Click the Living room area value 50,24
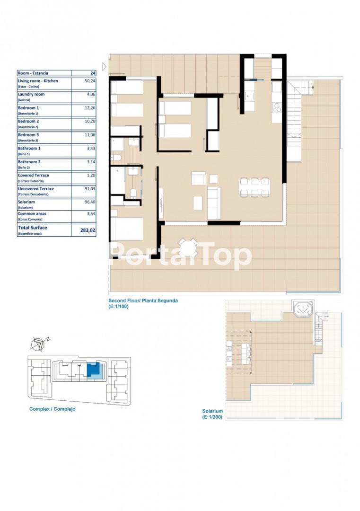[90, 81]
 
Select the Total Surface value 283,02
[88, 230]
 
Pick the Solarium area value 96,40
[90, 202]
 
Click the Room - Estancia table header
[33, 73]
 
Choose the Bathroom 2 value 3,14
[91, 162]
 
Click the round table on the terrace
[188, 247]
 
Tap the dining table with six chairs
[255, 187]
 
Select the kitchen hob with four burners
[277, 107]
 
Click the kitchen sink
[250, 96]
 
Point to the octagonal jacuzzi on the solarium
[303, 309]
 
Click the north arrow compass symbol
[39, 344]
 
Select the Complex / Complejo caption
[53, 409]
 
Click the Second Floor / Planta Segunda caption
[143, 301]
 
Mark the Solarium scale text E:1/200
[212, 417]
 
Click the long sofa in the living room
[214, 203]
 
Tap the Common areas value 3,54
[91, 214]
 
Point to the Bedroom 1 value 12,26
[90, 108]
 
